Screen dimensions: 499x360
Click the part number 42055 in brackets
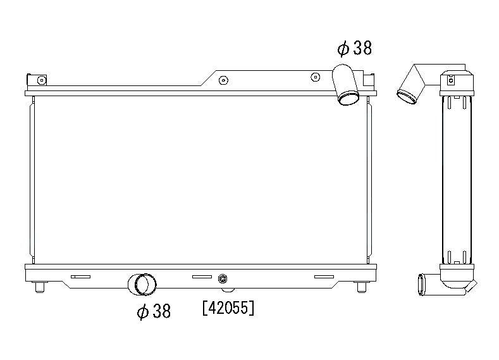tap(228, 308)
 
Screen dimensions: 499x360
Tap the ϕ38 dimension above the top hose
tap(354, 48)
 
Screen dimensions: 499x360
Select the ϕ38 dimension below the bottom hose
tap(154, 311)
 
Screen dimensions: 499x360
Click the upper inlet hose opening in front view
tap(348, 98)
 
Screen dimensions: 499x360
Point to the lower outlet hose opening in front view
tap(145, 284)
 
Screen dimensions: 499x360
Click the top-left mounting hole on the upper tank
tap(41, 80)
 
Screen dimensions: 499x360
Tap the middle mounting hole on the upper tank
tap(223, 80)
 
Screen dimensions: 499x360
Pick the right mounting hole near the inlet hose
tap(315, 77)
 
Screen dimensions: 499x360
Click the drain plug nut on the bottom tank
tap(222, 279)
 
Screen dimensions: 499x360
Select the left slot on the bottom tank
tap(80, 276)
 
